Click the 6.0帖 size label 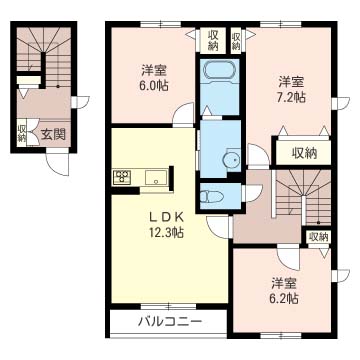[153, 86]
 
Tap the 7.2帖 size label [292, 97]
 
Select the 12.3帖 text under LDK [165, 233]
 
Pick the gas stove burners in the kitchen [122, 178]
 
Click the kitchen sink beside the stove [155, 178]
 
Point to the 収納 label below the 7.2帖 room [304, 152]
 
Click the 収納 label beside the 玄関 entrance [22, 132]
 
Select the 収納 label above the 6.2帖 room [317, 236]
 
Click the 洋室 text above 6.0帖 [153, 70]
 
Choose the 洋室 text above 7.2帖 [292, 81]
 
